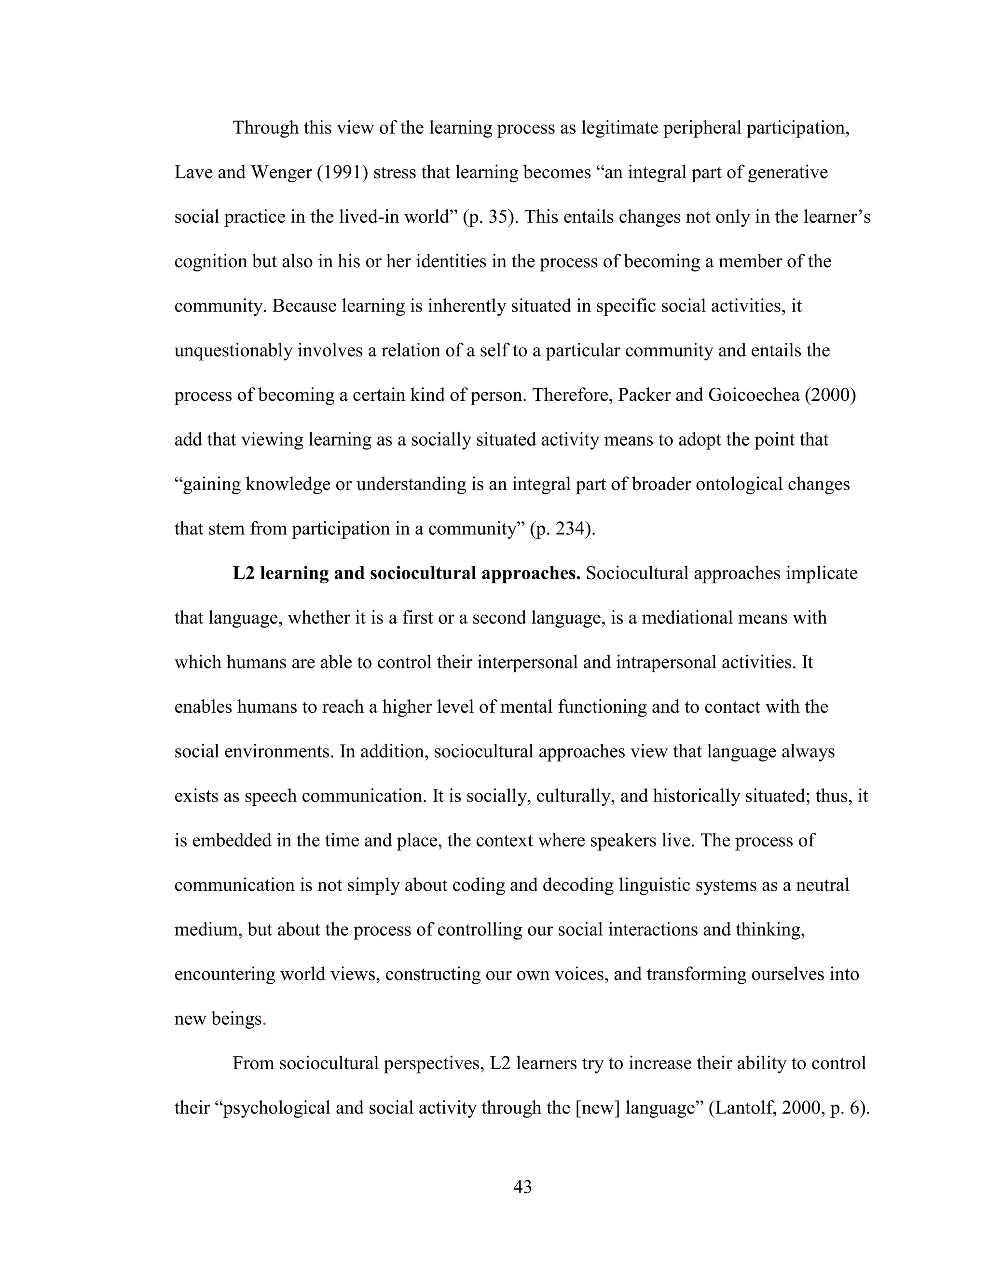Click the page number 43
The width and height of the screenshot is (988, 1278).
click(522, 1187)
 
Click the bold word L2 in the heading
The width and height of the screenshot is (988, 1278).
click(244, 573)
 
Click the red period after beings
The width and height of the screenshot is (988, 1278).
click(264, 1020)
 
